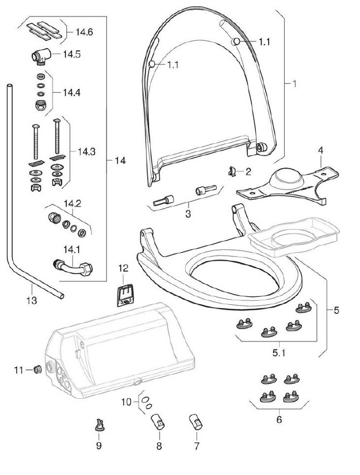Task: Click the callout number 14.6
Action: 84,32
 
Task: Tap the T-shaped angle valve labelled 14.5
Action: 41,56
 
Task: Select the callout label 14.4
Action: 71,92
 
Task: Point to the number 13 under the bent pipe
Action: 32,300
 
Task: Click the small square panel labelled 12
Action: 125,295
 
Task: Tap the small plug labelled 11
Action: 37,370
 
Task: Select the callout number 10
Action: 126,402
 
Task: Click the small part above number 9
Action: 99,425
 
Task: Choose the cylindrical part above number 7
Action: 196,422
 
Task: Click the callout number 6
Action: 279,419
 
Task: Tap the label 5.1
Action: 278,353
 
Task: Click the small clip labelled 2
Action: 232,171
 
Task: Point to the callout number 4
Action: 320,150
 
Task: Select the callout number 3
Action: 188,214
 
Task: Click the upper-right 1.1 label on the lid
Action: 264,42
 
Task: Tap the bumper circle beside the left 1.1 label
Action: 152,64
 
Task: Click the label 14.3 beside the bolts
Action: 87,152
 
